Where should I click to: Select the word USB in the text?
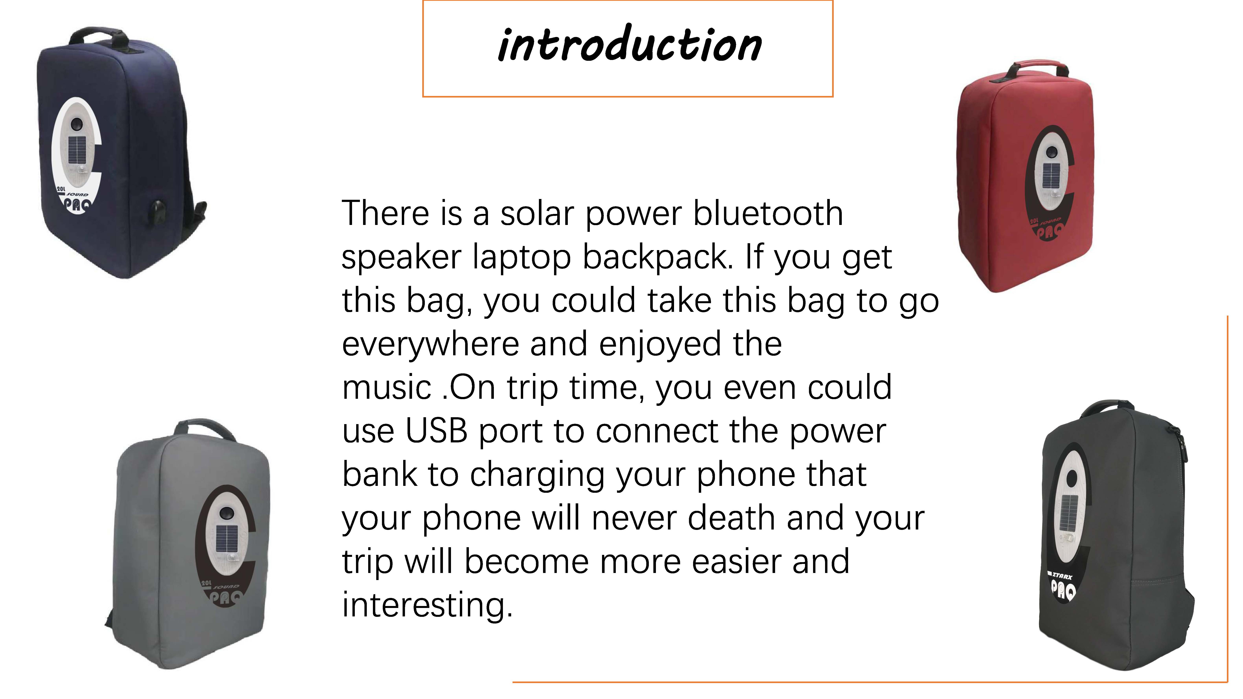(437, 431)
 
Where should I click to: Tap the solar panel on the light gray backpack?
(227, 540)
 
